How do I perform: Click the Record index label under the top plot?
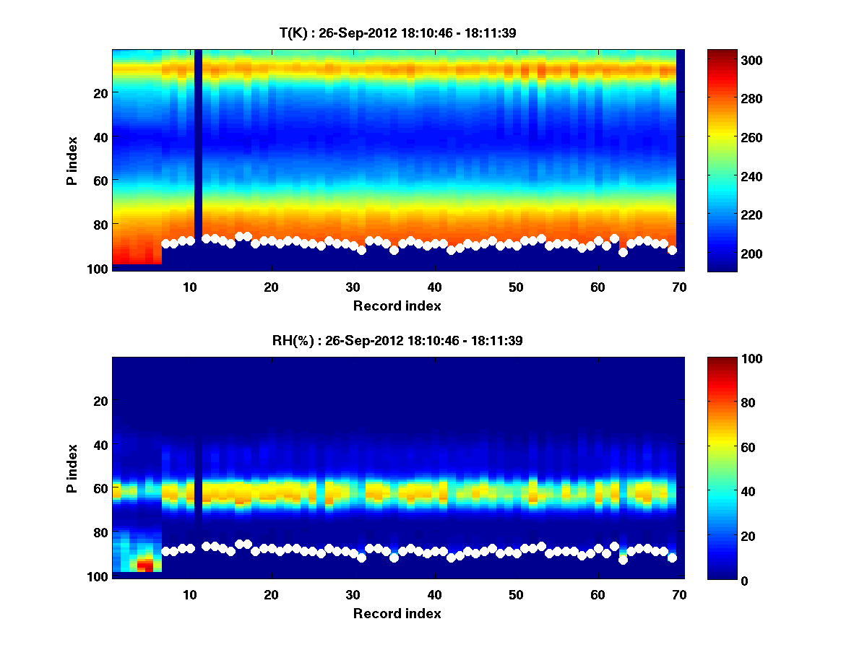(397, 305)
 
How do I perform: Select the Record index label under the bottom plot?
(397, 613)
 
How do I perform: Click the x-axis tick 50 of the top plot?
(516, 287)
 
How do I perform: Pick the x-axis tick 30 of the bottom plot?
(353, 594)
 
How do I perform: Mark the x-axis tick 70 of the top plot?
(679, 287)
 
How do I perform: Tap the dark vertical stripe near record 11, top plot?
(198, 144)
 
